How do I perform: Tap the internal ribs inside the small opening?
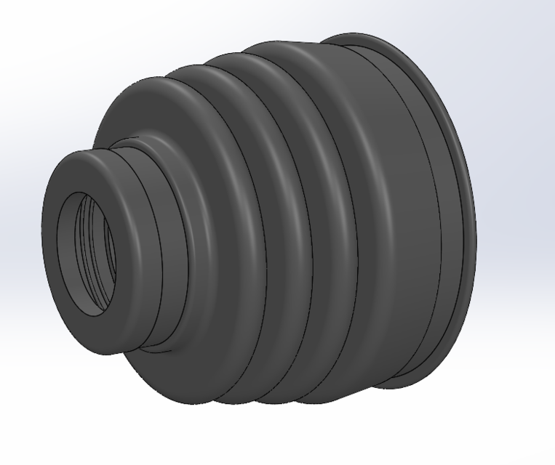point(105,247)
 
